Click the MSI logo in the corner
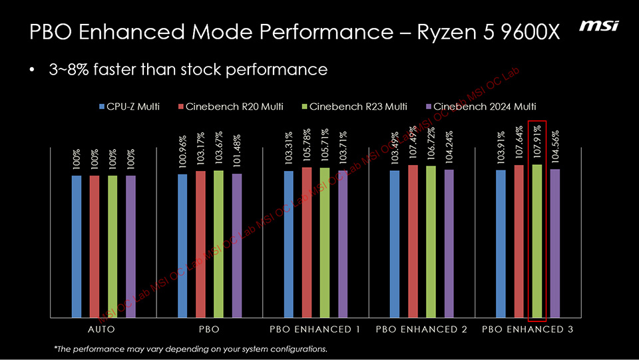click(599, 25)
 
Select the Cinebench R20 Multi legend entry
click(231, 106)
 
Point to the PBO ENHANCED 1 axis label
click(316, 329)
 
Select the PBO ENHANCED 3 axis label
click(529, 329)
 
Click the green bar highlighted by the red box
click(536, 240)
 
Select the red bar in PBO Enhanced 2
click(413, 240)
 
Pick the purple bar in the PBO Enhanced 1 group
click(343, 244)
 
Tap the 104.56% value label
click(555, 144)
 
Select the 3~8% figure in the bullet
click(69, 69)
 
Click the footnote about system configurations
click(190, 349)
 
